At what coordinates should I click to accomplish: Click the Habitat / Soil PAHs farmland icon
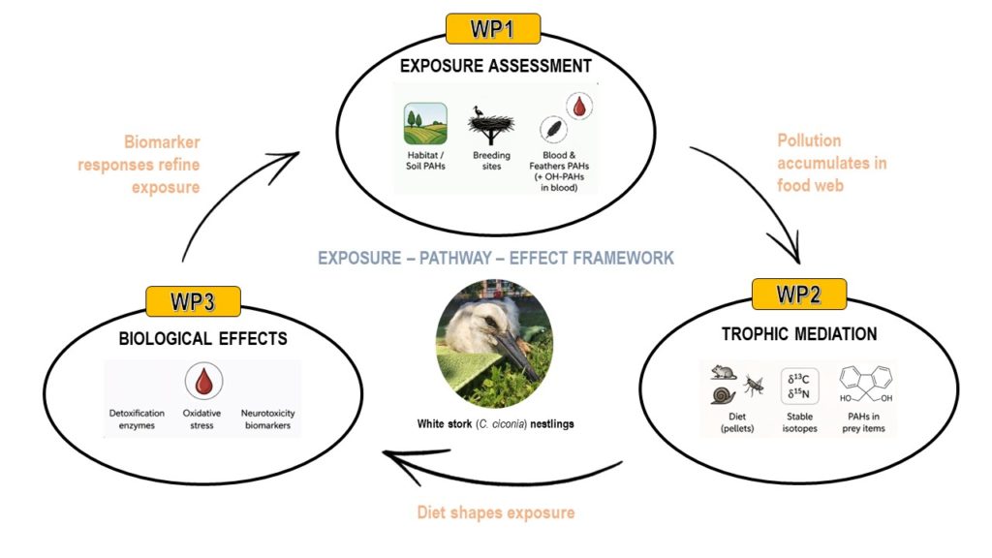425,124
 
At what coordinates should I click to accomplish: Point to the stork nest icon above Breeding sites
492,124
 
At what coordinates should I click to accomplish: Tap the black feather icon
549,132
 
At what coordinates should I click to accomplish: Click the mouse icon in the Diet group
722,373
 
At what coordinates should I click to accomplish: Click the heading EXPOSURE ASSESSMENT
495,67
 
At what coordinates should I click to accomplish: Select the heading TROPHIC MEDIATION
799,334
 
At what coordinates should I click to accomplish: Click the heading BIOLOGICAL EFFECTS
203,339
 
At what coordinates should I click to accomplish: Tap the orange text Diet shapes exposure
495,511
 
